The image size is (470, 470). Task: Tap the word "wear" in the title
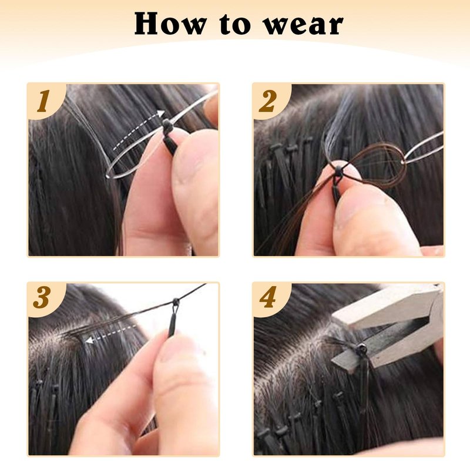(x=303, y=26)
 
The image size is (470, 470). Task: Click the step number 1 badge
(x=43, y=101)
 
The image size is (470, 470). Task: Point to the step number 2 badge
(x=267, y=101)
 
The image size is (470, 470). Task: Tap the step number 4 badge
(x=268, y=297)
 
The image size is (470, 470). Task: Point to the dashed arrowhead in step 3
(x=89, y=340)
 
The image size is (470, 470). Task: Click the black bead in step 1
(x=167, y=123)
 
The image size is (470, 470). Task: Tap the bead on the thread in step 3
(x=175, y=300)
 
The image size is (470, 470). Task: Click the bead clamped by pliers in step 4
(x=360, y=348)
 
